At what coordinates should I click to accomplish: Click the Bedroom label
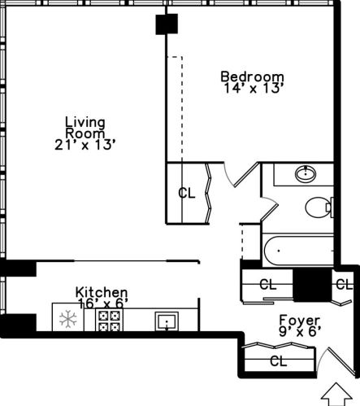coord(252,76)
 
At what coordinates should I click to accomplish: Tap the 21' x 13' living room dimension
coord(85,145)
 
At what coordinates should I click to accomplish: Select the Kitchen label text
coord(102,292)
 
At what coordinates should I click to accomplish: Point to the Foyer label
coord(300,321)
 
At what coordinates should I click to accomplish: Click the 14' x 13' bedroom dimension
coord(254,88)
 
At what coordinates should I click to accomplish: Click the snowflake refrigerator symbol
coord(67,318)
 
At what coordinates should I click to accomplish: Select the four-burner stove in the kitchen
coord(109,320)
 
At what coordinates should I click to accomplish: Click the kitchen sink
coord(167,321)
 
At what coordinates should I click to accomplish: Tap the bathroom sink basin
coord(306,173)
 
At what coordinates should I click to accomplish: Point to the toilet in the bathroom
coord(319,207)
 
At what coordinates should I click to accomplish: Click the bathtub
coord(298,251)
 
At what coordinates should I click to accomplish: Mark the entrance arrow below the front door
coord(336,394)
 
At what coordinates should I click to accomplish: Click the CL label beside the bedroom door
coord(187,193)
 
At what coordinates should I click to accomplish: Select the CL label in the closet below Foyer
coord(279,361)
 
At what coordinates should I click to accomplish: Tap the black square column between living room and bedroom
coord(167,24)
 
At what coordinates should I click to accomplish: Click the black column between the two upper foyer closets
coord(313,285)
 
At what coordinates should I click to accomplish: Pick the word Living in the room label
coord(85,123)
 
